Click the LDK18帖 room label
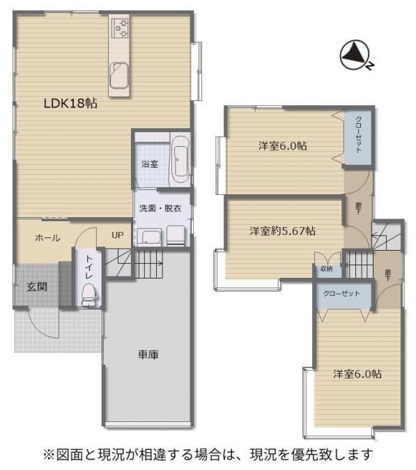(x=70, y=104)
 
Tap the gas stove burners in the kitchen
(x=120, y=28)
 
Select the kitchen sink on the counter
(x=119, y=75)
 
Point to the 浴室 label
(x=150, y=164)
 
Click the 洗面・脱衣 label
(x=160, y=208)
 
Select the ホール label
(x=47, y=238)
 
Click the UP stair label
(x=118, y=235)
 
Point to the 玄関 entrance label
(x=37, y=287)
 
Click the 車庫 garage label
(x=148, y=354)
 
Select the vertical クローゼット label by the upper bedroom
(x=358, y=135)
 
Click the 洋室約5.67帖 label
(x=282, y=230)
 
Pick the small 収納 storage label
(x=327, y=269)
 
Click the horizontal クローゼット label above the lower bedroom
(x=341, y=293)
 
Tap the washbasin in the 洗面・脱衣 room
(x=151, y=237)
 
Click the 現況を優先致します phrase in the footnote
(x=311, y=455)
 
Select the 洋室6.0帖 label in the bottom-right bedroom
(x=357, y=374)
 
